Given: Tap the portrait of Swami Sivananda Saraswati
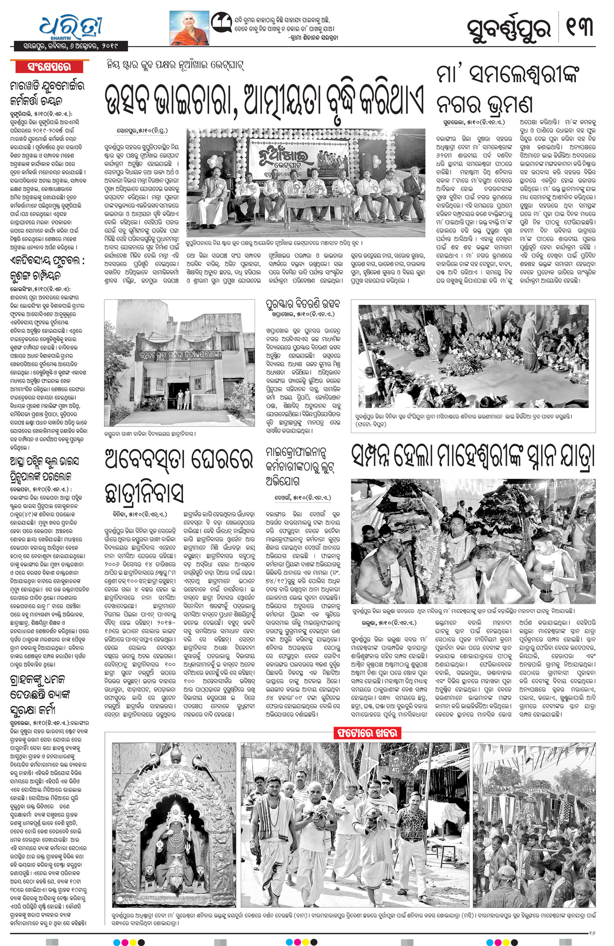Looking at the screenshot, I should tap(189, 27).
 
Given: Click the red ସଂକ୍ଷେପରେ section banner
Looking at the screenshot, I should tap(49, 67).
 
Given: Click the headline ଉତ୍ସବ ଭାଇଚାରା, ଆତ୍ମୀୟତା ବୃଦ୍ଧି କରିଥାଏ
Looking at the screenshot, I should tap(264, 100).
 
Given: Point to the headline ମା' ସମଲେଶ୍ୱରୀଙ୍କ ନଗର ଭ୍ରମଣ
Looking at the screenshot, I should tap(508, 90).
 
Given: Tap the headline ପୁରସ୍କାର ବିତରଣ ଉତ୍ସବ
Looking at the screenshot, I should tap(303, 305).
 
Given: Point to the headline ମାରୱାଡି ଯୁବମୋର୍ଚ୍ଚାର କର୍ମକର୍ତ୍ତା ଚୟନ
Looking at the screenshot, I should tap(47, 93).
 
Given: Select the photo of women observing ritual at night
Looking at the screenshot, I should tap(473, 356).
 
